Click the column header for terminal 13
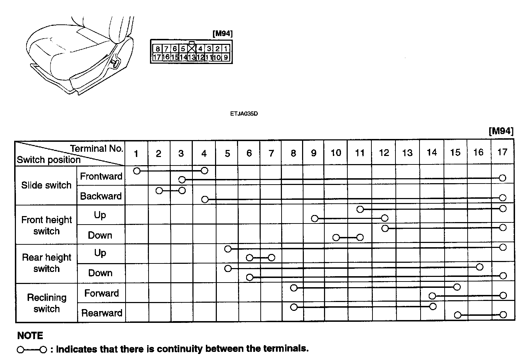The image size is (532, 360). [407, 153]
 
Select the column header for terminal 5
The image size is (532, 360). [227, 153]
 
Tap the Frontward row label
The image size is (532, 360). [101, 176]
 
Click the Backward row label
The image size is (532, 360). [101, 196]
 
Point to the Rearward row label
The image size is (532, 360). [102, 313]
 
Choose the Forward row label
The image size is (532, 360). [102, 293]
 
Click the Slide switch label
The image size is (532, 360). [46, 185]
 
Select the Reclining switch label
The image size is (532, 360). [47, 303]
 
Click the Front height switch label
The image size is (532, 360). [46, 225]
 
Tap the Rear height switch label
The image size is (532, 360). [46, 263]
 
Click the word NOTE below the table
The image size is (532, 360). [30, 336]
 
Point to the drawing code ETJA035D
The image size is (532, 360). [244, 114]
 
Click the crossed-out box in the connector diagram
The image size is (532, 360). [191, 48]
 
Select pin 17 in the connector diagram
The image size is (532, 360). [157, 57]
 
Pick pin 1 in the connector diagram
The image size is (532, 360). [226, 49]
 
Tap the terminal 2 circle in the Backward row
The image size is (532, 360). [159, 191]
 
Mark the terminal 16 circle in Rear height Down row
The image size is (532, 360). [479, 267]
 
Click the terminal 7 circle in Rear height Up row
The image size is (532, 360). [271, 258]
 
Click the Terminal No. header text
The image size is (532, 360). [97, 149]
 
